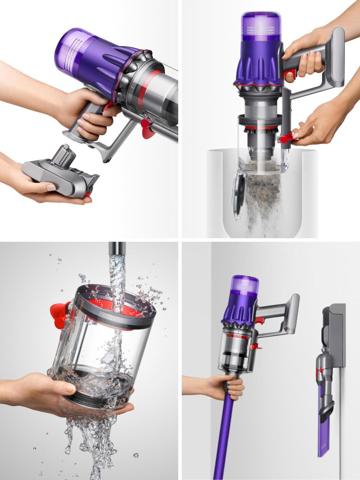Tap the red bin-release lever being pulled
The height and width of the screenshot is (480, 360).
(x=287, y=136)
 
